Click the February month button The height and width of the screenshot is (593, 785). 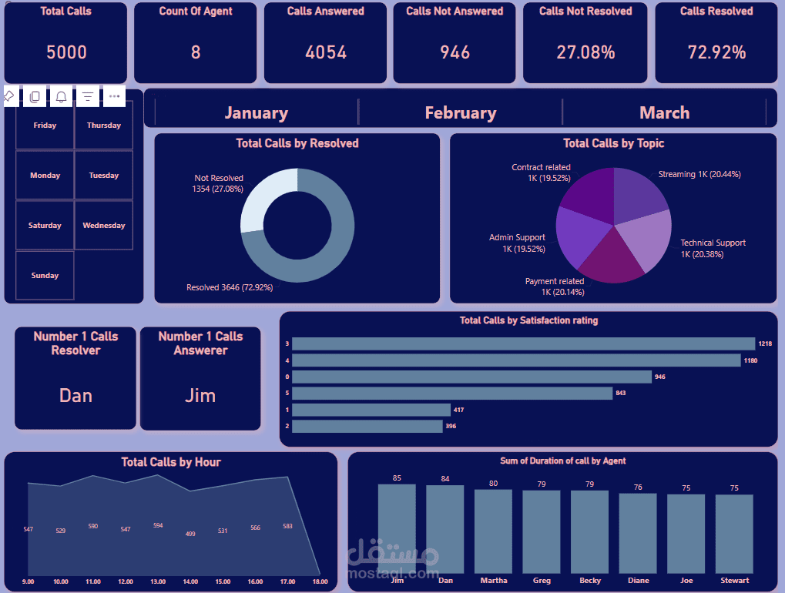pyautogui.click(x=460, y=112)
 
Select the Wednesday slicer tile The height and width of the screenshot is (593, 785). pyautogui.click(x=104, y=226)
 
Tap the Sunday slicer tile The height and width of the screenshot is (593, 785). pyautogui.click(x=45, y=276)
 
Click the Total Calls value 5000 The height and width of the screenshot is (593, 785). pyautogui.click(x=66, y=52)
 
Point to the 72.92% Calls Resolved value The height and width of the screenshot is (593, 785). pyautogui.click(x=716, y=52)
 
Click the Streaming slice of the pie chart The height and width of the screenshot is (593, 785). pyautogui.click(x=639, y=193)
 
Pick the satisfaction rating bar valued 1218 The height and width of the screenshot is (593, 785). pyautogui.click(x=523, y=343)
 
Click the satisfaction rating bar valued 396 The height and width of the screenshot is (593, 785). pyautogui.click(x=367, y=426)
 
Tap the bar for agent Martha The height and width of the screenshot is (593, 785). pyautogui.click(x=493, y=531)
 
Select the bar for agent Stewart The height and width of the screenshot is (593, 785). pyautogui.click(x=734, y=534)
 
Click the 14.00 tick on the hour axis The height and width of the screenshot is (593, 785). pyautogui.click(x=190, y=581)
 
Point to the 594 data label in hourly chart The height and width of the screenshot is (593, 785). pyautogui.click(x=158, y=526)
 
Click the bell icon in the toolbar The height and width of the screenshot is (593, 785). pyautogui.click(x=61, y=96)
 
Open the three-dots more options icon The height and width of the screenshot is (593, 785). pyautogui.click(x=114, y=96)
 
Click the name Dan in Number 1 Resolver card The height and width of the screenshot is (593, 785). pyautogui.click(x=75, y=396)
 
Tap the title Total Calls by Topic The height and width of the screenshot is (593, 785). pyautogui.click(x=613, y=143)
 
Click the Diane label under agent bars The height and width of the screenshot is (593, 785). pyautogui.click(x=638, y=581)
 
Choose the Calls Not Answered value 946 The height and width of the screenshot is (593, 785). pyautogui.click(x=455, y=52)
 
